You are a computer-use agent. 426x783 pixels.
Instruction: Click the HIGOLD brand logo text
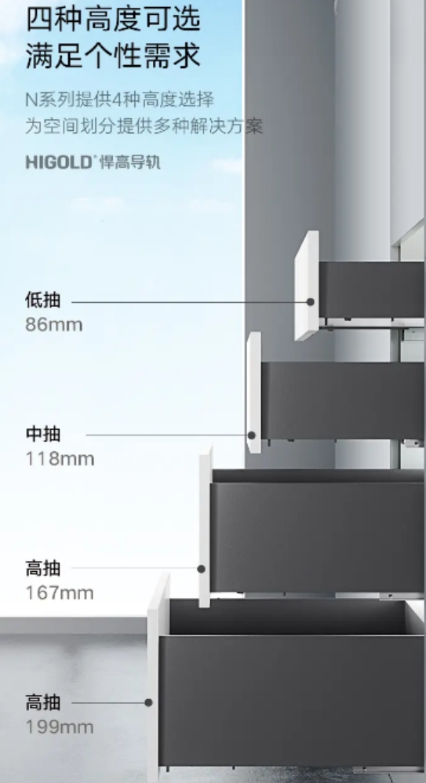click(x=59, y=162)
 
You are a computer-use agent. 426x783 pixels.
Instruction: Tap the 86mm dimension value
click(x=54, y=325)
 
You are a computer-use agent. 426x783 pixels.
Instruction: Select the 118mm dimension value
click(x=60, y=459)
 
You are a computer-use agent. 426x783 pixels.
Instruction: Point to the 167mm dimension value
click(x=60, y=593)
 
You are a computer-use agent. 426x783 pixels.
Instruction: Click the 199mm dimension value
click(x=60, y=727)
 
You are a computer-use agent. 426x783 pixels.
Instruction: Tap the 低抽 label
click(x=43, y=300)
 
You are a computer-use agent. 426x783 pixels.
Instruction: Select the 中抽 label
click(x=43, y=434)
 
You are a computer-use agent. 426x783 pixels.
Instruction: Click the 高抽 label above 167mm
click(x=43, y=568)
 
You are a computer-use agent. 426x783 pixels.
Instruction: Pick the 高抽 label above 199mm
click(x=43, y=703)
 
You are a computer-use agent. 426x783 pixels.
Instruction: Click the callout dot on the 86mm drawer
click(x=311, y=301)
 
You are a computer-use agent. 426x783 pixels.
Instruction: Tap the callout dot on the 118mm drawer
click(x=252, y=435)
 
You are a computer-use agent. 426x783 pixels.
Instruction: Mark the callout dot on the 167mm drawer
click(x=202, y=569)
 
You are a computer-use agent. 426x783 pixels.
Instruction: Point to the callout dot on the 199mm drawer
click(x=148, y=703)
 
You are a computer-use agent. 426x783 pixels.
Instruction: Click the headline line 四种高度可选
click(x=114, y=20)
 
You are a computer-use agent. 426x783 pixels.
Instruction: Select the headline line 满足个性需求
click(x=114, y=55)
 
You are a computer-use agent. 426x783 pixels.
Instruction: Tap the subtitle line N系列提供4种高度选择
click(x=120, y=100)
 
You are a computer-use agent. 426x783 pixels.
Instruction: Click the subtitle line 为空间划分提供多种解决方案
click(x=144, y=126)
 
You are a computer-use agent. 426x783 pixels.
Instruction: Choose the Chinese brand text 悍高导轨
click(x=130, y=162)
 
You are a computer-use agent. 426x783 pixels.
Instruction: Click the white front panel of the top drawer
click(x=307, y=286)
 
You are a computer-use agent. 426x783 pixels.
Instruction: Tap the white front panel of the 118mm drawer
click(x=253, y=392)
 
